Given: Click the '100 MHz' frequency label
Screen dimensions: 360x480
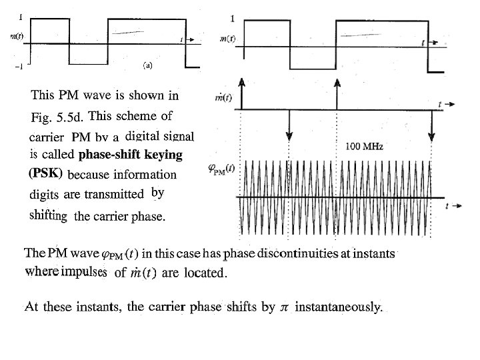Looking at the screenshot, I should (x=365, y=146).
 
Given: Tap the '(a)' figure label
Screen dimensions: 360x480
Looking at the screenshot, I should (x=148, y=65).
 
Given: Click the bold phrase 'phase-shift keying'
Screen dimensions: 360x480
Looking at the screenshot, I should (x=130, y=155).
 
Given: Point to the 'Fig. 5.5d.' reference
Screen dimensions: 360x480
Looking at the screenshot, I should (x=57, y=118).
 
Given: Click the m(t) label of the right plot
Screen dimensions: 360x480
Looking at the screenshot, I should (x=227, y=39).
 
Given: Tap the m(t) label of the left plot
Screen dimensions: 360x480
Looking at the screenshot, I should (x=17, y=36).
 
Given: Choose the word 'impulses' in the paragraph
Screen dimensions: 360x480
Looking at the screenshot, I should (x=85, y=271).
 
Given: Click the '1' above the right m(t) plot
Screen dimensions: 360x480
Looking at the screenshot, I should (x=232, y=17).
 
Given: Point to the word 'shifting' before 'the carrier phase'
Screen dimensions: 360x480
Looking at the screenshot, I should (x=49, y=215).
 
